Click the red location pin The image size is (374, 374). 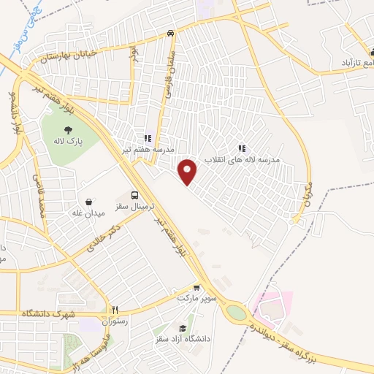point(188,172)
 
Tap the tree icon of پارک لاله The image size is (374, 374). point(68,131)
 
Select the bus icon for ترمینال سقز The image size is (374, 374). point(134,195)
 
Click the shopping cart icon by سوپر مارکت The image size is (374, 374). point(196,288)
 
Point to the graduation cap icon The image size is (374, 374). point(183,329)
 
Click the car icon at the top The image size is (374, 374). point(169,33)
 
